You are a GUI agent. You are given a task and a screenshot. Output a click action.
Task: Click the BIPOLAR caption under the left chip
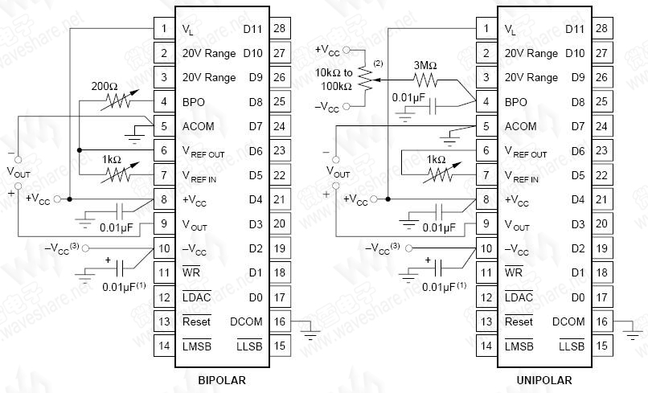click(x=221, y=380)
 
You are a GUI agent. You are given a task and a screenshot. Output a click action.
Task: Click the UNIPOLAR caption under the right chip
click(x=544, y=380)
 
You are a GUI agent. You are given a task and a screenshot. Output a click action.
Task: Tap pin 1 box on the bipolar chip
click(x=163, y=30)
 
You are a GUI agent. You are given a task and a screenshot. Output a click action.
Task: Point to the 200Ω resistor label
click(x=104, y=86)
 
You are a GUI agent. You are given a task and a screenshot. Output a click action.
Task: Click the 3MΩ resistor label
click(x=425, y=66)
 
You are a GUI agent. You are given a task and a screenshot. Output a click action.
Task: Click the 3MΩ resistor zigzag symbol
click(x=425, y=80)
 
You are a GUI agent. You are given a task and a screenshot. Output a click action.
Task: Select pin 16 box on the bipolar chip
click(x=280, y=321)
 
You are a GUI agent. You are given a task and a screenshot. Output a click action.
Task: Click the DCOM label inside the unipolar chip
click(x=569, y=321)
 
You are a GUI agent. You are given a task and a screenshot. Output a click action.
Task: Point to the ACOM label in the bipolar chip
click(x=198, y=126)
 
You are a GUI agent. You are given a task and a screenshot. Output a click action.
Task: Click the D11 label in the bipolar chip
click(x=252, y=30)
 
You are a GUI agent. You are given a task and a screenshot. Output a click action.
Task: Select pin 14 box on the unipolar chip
click(x=486, y=346)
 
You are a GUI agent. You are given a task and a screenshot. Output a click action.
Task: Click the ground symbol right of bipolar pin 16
click(x=312, y=330)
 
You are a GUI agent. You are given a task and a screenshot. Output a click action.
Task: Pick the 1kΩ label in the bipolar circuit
click(x=113, y=159)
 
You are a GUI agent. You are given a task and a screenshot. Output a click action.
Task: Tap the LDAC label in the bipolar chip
click(x=197, y=297)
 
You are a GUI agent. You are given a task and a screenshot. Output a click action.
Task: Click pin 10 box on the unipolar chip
click(x=486, y=248)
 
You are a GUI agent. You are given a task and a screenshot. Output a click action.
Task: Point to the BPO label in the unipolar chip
click(x=515, y=102)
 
